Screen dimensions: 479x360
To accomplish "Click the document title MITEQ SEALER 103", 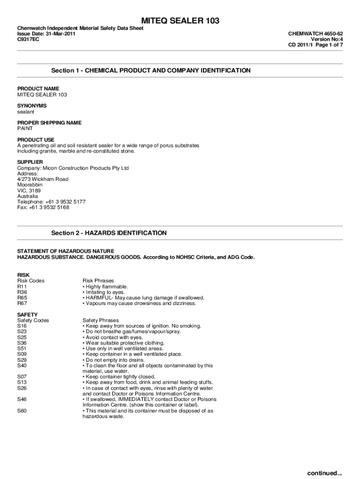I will click(x=180, y=21).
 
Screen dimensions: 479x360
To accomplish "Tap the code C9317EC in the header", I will click(x=28, y=40).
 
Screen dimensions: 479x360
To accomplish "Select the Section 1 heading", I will click(x=151, y=71).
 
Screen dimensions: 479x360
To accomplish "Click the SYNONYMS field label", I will click(x=32, y=106).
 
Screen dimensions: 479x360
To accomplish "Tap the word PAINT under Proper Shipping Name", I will click(x=25, y=128).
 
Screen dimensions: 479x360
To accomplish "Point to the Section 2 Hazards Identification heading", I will click(x=108, y=233).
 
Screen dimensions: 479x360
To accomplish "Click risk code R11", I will click(x=22, y=286).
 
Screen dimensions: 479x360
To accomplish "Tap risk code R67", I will click(x=22, y=303).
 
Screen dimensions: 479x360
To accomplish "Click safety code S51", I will click(x=22, y=348).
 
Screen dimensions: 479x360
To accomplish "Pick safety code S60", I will click(x=22, y=411).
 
